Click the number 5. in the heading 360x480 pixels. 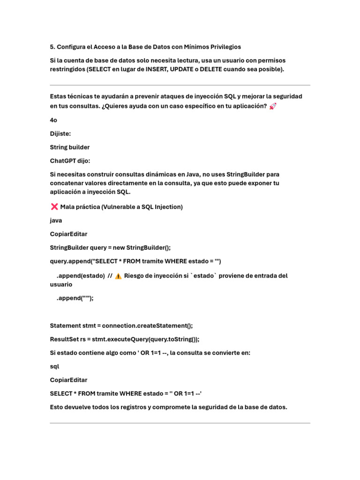52,47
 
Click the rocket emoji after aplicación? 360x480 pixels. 273,106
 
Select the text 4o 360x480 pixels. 54,120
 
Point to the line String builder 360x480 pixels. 70,147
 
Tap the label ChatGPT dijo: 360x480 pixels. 70,161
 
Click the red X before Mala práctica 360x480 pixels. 54,207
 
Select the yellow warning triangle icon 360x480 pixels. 118,276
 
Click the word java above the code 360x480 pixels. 56,220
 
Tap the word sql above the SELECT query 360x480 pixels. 54,366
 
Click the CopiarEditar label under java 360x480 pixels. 68,234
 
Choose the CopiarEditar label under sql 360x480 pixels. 68,380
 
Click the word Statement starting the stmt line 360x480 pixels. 66,325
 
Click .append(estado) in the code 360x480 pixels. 81,276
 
